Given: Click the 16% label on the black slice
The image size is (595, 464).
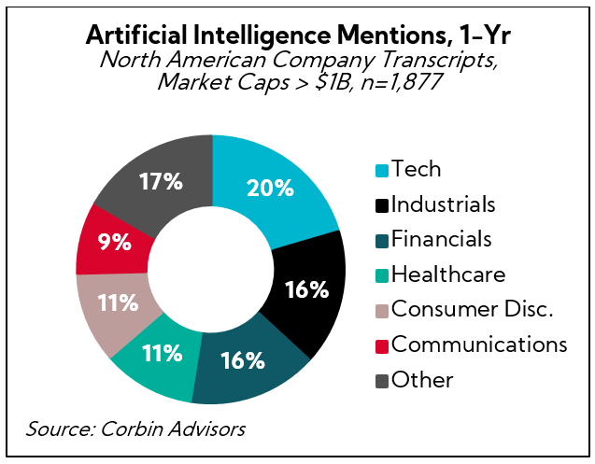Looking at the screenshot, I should tap(306, 289).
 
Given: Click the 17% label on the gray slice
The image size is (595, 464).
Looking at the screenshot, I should tap(162, 180).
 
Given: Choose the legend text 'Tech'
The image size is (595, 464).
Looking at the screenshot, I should tap(417, 169).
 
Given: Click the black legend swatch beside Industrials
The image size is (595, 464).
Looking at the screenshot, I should tap(380, 204).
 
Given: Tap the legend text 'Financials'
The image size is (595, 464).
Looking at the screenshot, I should tap(441, 239).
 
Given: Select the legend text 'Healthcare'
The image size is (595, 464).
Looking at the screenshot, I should tap(448, 274).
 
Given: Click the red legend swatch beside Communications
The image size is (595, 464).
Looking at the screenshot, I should tap(380, 345).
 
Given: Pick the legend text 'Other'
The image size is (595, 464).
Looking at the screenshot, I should tap(422, 380).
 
